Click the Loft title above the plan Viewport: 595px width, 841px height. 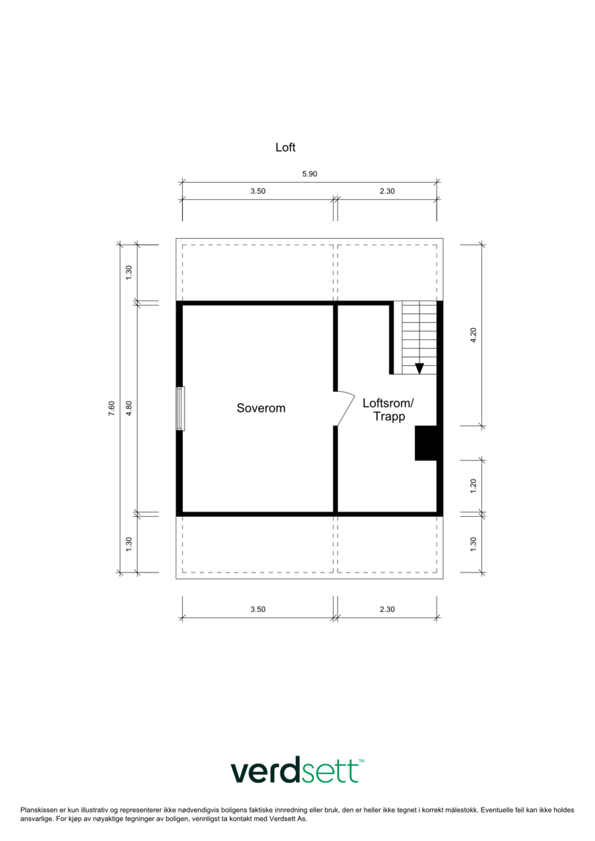tap(286, 147)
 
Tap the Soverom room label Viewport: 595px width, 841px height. tap(261, 408)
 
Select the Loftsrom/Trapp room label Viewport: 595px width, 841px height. tap(388, 410)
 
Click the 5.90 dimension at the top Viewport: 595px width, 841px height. tap(309, 174)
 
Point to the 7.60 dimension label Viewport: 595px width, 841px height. tap(112, 409)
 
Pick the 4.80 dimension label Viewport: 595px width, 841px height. tap(129, 409)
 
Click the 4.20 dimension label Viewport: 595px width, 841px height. tap(473, 335)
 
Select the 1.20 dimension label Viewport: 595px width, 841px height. tap(473, 486)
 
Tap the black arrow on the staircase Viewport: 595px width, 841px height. tap(419, 369)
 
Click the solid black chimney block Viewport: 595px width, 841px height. tap(426, 443)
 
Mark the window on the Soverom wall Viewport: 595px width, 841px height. tap(180, 408)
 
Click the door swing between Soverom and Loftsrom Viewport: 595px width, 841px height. tap(345, 408)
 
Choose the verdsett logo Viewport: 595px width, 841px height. tap(297, 771)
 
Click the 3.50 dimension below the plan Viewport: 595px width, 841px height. tap(258, 609)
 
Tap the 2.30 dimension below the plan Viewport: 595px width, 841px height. tap(387, 609)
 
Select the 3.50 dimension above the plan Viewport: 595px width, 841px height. tap(258, 191)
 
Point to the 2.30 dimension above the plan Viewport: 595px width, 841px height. tap(387, 191)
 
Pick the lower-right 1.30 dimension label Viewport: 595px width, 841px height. tap(473, 544)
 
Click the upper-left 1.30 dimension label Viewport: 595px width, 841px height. tap(129, 272)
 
